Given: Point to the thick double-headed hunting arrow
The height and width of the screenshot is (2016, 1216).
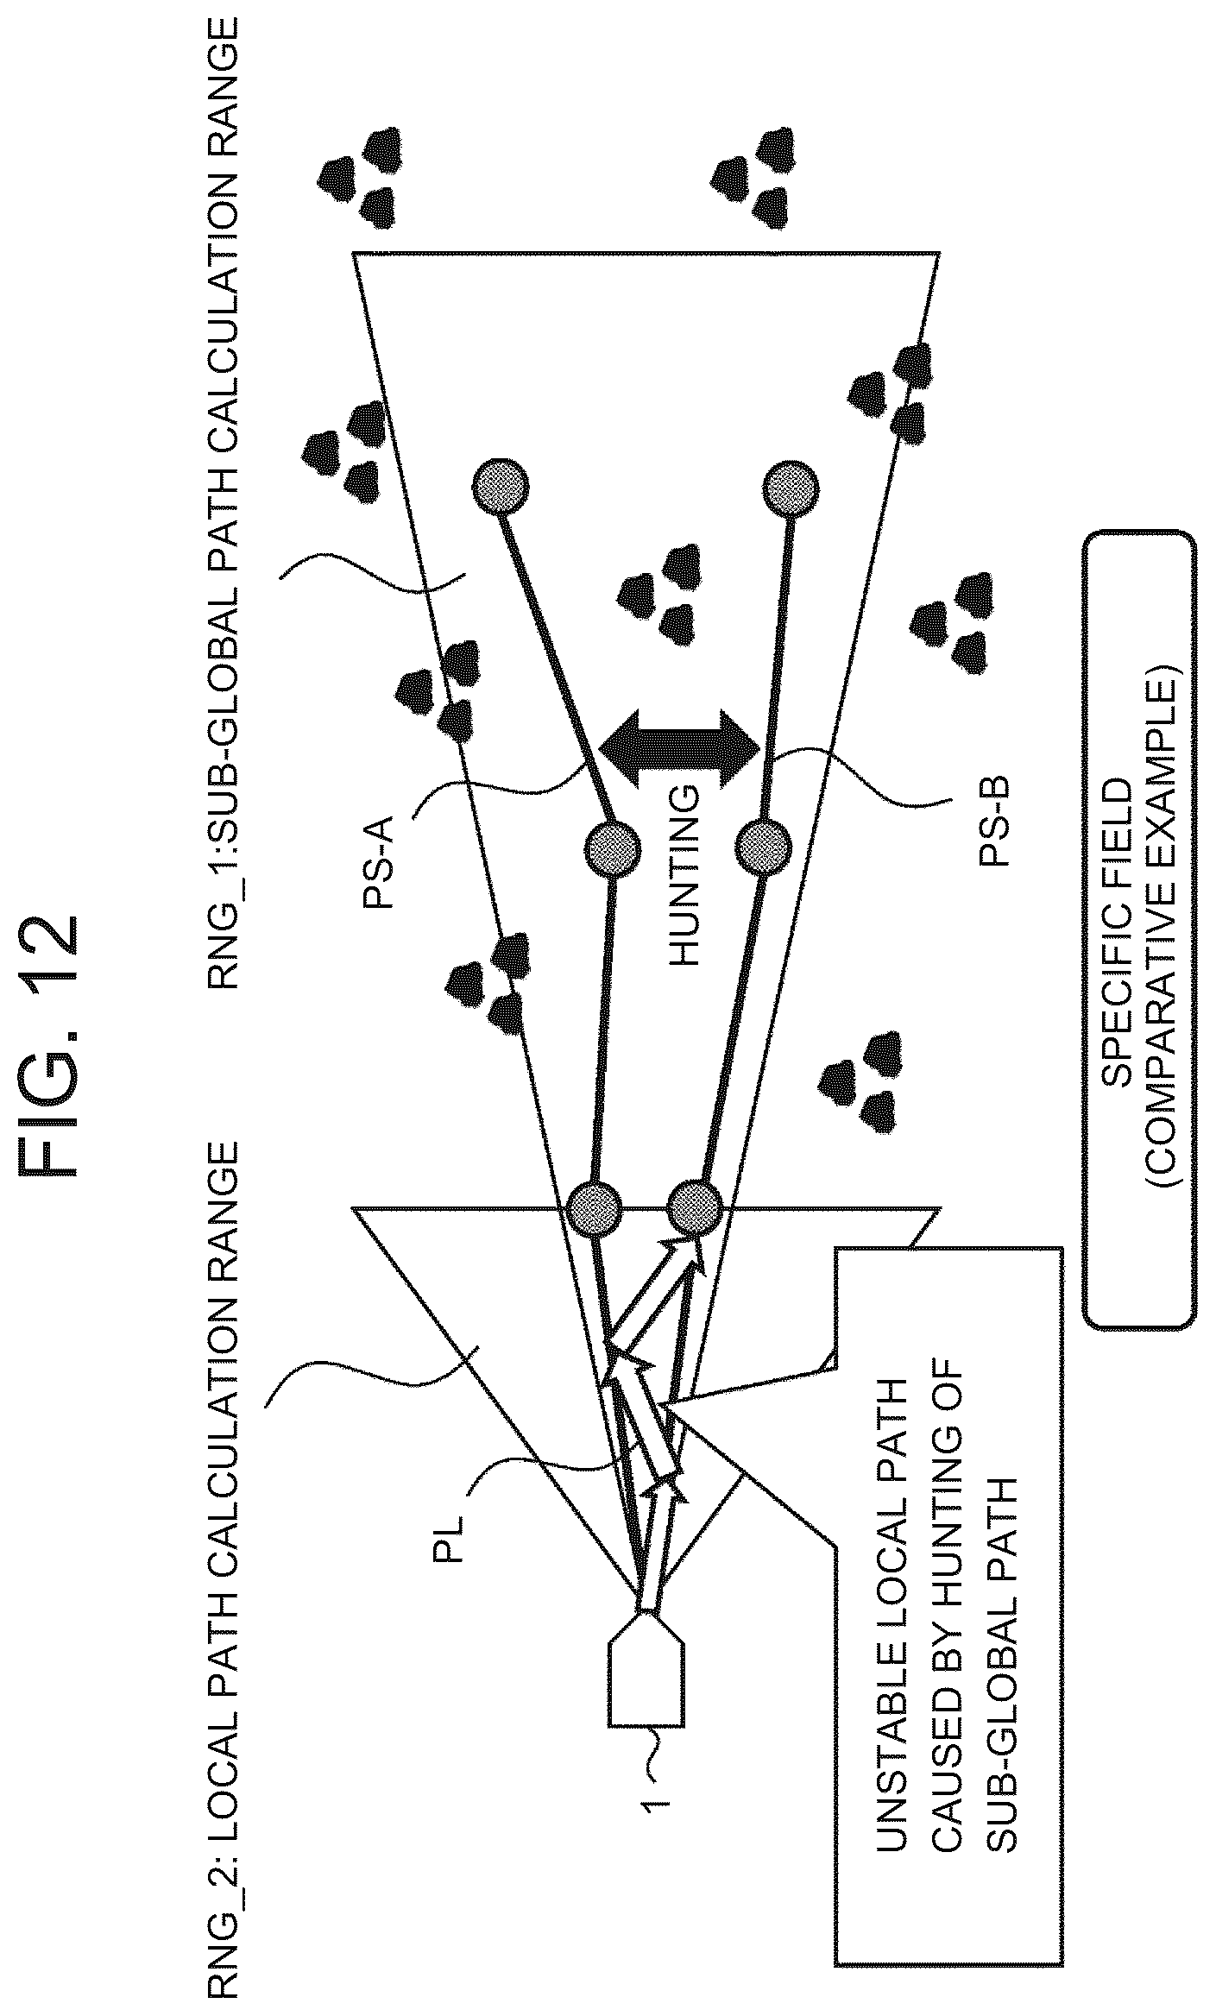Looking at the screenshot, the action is [679, 743].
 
